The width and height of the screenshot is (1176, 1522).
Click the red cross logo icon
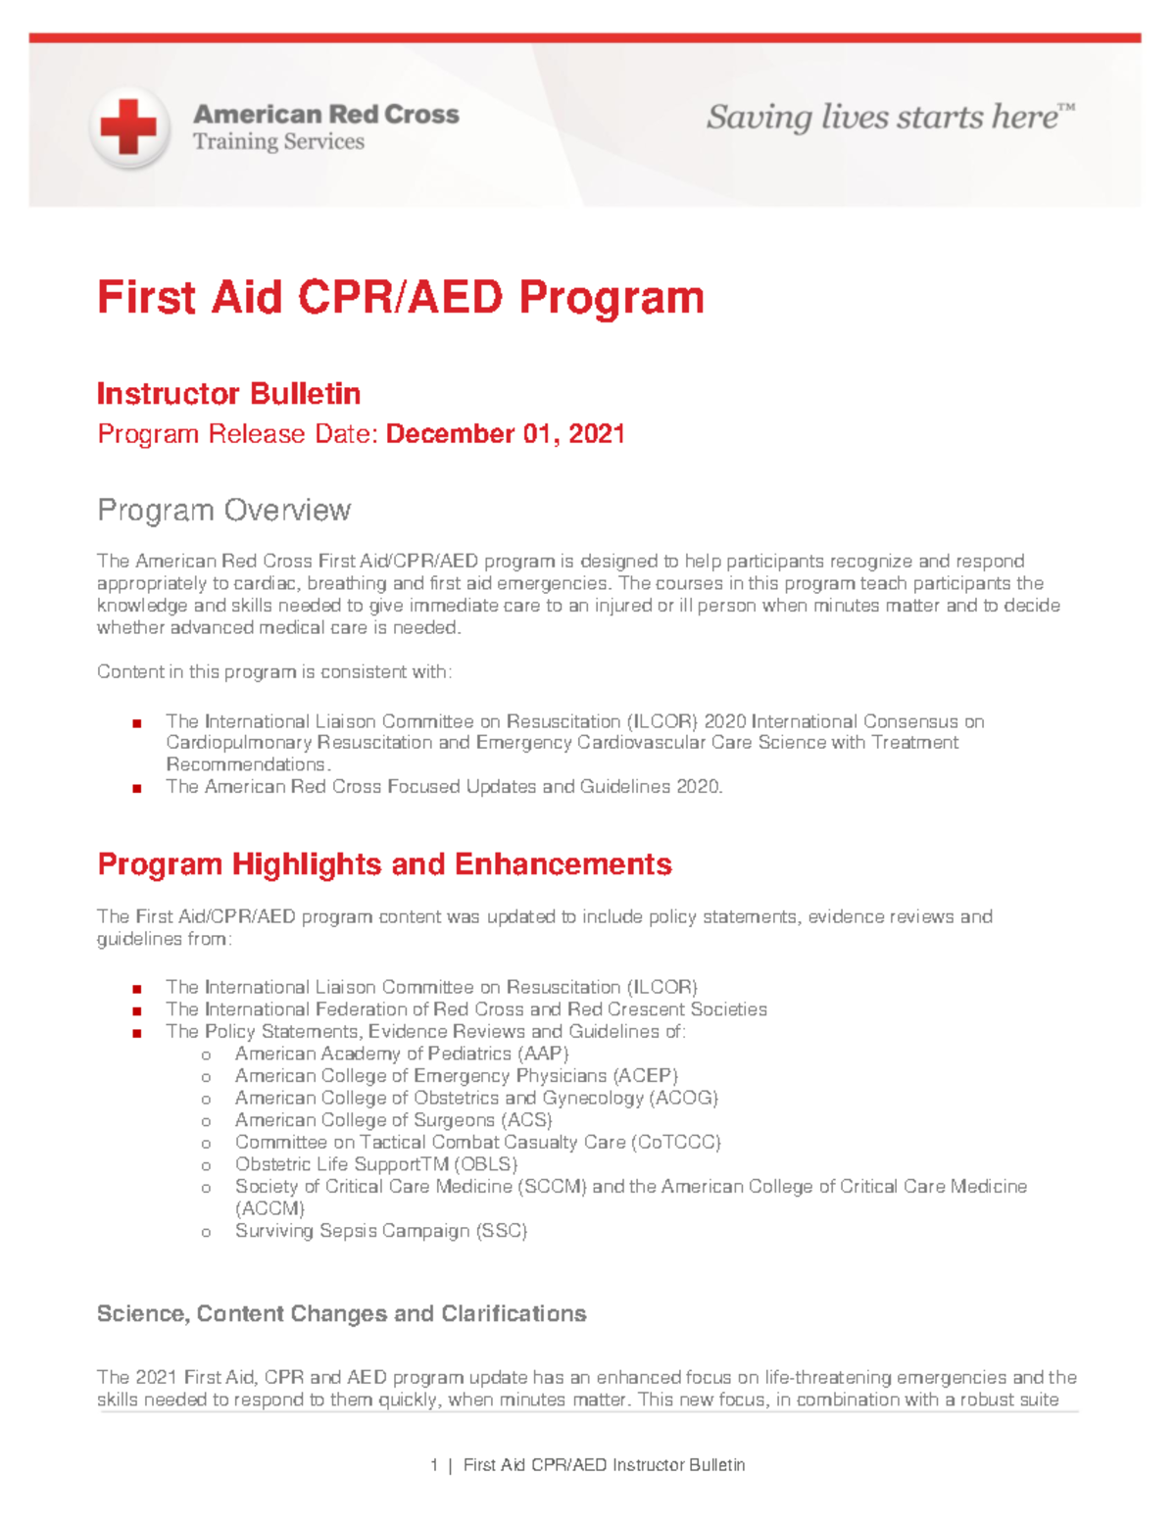128,127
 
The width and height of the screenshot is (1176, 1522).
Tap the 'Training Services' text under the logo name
278,142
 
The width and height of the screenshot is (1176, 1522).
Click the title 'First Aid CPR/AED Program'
400,297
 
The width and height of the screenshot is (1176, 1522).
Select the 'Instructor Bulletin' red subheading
228,394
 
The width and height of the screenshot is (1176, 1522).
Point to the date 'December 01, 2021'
506,434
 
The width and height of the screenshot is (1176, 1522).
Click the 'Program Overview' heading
223,511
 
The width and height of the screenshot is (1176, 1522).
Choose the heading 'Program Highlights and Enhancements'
384,864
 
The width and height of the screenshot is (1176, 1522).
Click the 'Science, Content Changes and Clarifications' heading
341,1314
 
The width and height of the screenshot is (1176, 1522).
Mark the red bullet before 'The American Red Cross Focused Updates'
137,788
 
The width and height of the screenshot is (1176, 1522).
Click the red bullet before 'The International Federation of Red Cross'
137,1010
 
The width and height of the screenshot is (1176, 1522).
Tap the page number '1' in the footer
433,1465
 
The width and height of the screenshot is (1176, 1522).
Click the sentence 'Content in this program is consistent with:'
274,672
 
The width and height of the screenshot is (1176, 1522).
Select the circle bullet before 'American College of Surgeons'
206,1121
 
